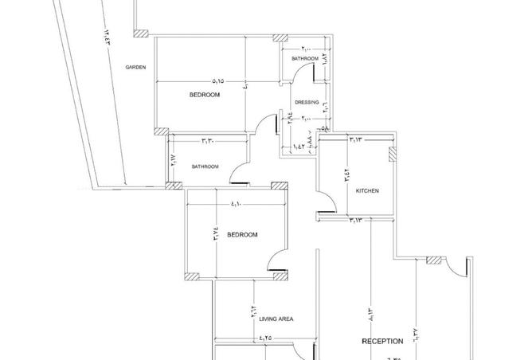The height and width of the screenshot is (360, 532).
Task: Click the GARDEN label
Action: coord(135,68)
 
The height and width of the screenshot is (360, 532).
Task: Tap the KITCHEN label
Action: coord(367,191)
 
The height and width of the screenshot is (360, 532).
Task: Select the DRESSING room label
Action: coord(307,102)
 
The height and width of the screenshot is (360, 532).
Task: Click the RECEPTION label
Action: coord(382,341)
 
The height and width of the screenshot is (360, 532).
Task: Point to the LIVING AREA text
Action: coord(276,319)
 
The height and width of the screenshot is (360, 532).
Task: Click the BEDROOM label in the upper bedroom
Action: coord(204,95)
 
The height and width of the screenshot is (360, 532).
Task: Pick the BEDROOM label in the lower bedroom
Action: coord(242,235)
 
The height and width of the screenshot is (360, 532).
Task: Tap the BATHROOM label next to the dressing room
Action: coord(305,59)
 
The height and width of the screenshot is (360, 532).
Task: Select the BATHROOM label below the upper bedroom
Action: coord(205,166)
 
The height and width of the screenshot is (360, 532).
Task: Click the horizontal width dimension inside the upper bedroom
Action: coord(218,80)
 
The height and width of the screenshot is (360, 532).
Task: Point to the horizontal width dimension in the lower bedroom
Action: coord(235,205)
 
